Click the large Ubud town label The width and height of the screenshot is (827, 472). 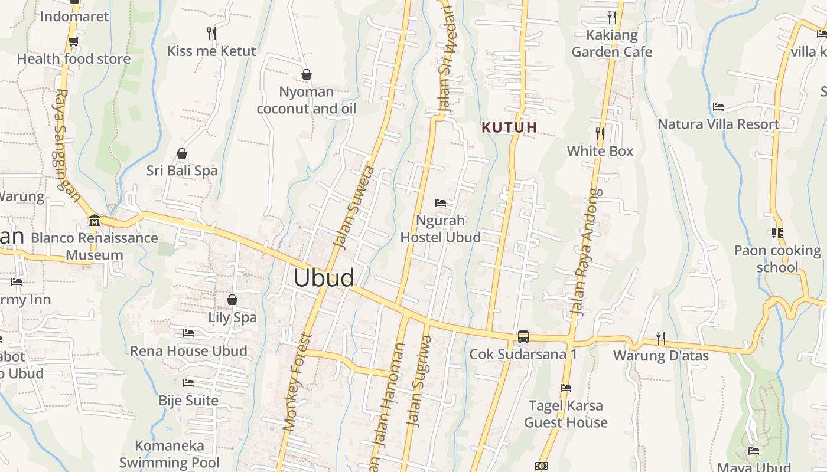(x=324, y=278)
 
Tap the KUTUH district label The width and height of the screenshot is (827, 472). (x=509, y=127)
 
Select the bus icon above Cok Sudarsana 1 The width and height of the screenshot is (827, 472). (x=523, y=336)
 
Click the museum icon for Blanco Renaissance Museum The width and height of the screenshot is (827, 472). (x=94, y=221)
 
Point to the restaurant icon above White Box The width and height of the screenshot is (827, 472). (x=600, y=134)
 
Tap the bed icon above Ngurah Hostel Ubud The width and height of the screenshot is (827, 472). (x=441, y=203)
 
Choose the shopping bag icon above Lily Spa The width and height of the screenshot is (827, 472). (x=232, y=300)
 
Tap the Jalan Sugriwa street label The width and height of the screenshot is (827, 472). (x=421, y=381)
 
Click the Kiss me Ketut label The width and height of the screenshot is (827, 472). (x=211, y=51)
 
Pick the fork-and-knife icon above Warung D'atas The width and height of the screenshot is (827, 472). (x=661, y=338)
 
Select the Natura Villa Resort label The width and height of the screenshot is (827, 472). (x=718, y=124)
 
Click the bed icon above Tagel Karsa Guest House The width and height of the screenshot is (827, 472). (x=566, y=388)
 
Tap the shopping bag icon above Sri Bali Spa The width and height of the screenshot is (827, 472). (x=182, y=153)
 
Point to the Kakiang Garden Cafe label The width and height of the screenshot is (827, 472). (x=612, y=43)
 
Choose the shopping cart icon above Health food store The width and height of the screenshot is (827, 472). (x=73, y=41)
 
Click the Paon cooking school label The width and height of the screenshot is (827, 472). (x=777, y=259)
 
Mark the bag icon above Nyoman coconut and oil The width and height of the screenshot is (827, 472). (x=306, y=74)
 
